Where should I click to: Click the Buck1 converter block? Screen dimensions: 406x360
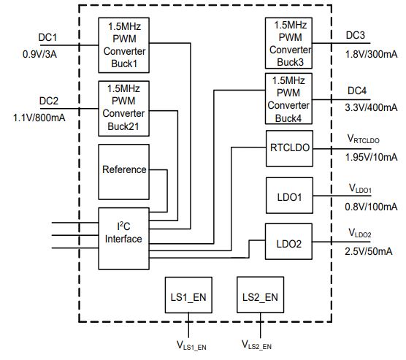point(123,45)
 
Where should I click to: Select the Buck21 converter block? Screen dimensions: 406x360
point(123,109)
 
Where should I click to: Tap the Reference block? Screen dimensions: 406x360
point(123,172)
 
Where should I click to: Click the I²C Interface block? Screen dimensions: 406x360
point(123,239)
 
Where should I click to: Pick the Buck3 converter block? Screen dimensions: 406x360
point(288,43)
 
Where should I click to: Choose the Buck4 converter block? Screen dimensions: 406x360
point(288,99)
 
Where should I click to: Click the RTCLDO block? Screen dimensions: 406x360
point(289,148)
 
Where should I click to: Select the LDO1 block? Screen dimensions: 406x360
point(289,196)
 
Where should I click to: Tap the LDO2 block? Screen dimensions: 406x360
point(288,242)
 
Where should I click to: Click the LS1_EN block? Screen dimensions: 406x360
point(188,295)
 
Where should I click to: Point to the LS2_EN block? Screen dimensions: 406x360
point(260,295)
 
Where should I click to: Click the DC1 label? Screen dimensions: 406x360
point(47,37)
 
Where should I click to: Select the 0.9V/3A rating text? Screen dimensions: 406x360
point(39,54)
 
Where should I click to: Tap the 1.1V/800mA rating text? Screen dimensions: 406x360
point(39,118)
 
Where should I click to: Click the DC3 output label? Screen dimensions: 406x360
point(355,35)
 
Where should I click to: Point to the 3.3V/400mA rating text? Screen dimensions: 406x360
point(371,107)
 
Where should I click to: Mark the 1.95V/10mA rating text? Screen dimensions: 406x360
point(371,157)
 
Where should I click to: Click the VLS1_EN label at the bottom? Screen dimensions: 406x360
point(191,345)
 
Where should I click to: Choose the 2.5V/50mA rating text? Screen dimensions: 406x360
point(369,251)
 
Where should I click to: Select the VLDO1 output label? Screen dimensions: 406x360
point(360,188)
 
